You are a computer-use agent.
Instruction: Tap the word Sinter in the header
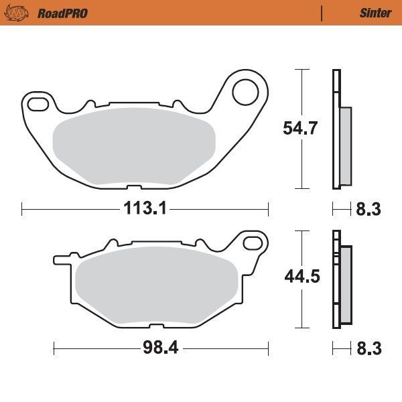pyautogui.click(x=375, y=13)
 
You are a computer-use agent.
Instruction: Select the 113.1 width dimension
pyautogui.click(x=144, y=209)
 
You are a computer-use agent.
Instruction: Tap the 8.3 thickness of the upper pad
pyautogui.click(x=368, y=209)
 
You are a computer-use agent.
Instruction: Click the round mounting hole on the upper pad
pyautogui.click(x=247, y=92)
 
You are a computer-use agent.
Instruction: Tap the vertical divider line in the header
pyautogui.click(x=322, y=13)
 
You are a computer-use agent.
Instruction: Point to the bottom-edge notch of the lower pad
pyautogui.click(x=155, y=326)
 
